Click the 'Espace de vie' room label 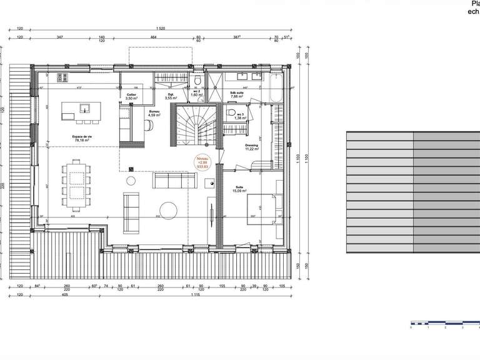pos(82,138)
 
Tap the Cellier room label pos(131,97)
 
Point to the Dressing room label pos(251,147)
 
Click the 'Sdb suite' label pos(236,94)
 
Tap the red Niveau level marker pos(202,162)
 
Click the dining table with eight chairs pos(77,179)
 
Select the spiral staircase pos(196,124)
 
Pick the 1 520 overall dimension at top pos(161,29)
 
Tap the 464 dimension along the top pos(153,38)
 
